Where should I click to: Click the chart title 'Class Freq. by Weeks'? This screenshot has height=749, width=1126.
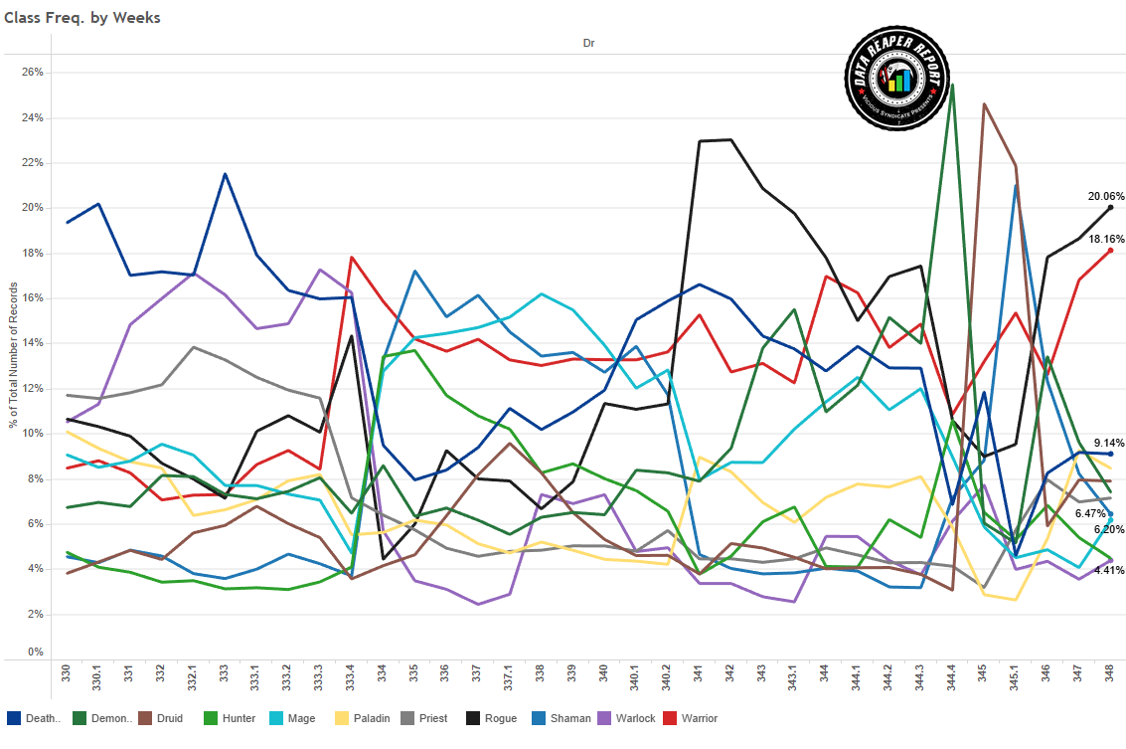(82, 18)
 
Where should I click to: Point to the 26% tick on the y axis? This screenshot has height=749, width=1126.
(32, 73)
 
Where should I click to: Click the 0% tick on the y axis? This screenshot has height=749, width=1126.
(35, 653)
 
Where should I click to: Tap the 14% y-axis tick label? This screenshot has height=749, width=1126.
(32, 344)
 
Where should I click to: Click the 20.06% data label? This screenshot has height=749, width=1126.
(1105, 196)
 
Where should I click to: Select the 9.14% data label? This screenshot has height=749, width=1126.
(1108, 443)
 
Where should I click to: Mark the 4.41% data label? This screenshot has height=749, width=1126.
(1108, 570)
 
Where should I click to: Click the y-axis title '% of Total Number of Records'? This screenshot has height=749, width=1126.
(13, 355)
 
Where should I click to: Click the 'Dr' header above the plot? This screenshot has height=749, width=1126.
(588, 44)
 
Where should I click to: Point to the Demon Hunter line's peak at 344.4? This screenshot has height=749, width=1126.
(952, 86)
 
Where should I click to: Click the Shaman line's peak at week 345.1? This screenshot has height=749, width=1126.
(1016, 186)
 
